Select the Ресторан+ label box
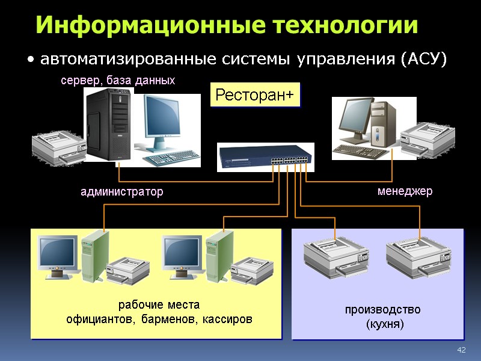tap(255, 94)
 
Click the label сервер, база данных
tap(118, 80)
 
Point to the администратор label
tap(122, 192)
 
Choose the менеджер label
tap(405, 191)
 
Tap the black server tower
tap(108, 123)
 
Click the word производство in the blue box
tap(382, 310)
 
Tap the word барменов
tap(169, 318)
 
